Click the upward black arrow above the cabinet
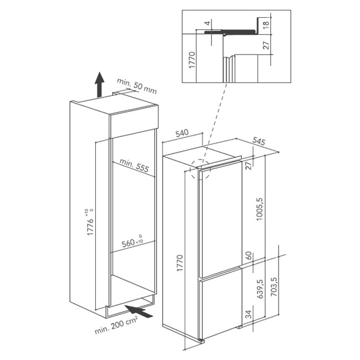99,85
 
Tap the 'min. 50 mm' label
137,86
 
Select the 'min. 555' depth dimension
134,165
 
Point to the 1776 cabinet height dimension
90,222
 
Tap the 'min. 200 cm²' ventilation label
116,325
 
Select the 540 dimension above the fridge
182,133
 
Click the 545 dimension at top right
259,141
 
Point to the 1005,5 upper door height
260,209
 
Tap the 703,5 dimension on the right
274,286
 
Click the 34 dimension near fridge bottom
249,314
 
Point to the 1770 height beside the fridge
180,263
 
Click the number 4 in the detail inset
208,23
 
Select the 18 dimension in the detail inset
266,24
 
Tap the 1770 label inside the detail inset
192,60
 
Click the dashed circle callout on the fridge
200,169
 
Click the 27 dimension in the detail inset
266,45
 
